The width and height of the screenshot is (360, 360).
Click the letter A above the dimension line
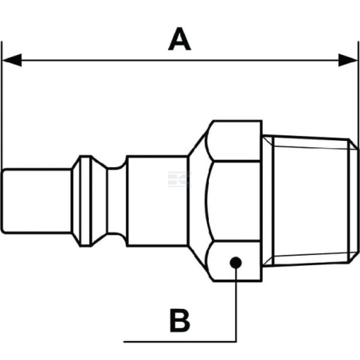pyautogui.click(x=179, y=39)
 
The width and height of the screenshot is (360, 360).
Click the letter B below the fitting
pyautogui.click(x=180, y=320)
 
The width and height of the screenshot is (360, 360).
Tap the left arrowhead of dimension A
pyautogui.click(x=12, y=61)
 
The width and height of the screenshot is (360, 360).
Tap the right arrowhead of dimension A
pyautogui.click(x=348, y=61)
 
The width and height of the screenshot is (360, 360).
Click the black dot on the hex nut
pyautogui.click(x=236, y=263)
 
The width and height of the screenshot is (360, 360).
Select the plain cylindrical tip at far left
pyautogui.click(x=37, y=201)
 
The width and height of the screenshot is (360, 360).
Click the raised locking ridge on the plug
pyautogui.click(x=85, y=201)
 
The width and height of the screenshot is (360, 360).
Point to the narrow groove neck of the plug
pyautogui.click(x=117, y=201)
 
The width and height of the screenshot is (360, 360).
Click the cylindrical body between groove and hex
pyautogui.click(x=157, y=201)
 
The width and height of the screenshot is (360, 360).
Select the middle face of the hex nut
pyautogui.click(x=233, y=201)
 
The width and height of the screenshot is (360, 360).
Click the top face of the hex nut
pyautogui.click(x=234, y=141)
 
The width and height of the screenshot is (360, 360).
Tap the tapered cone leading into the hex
pyautogui.click(x=197, y=201)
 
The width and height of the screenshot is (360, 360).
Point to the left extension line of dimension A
pyautogui.click(x=2, y=106)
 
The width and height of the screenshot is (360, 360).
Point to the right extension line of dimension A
pyautogui.click(x=358, y=147)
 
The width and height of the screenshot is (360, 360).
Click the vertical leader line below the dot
pyautogui.click(x=236, y=305)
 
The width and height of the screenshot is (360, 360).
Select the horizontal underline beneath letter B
pyautogui.click(x=180, y=342)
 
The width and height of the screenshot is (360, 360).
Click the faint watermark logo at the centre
pyautogui.click(x=179, y=179)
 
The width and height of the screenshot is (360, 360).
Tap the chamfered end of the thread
pyautogui.click(x=354, y=201)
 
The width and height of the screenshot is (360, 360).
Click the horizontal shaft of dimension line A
pyautogui.click(x=180, y=61)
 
